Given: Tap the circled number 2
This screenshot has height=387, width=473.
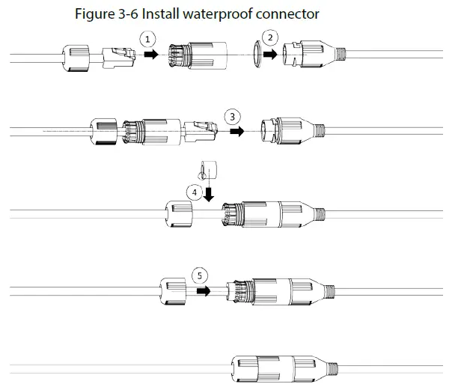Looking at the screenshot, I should point(272,37).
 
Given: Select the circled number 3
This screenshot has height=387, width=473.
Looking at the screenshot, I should point(234,116).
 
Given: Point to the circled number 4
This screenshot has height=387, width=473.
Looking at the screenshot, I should point(196,192).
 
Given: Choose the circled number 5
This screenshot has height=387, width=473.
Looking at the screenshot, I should point(199,275).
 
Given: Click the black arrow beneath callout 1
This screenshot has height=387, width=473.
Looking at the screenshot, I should point(150,55).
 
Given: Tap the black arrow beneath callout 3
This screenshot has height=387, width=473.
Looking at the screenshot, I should point(237,130).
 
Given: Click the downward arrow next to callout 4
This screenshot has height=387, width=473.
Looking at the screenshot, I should point(209,192).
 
